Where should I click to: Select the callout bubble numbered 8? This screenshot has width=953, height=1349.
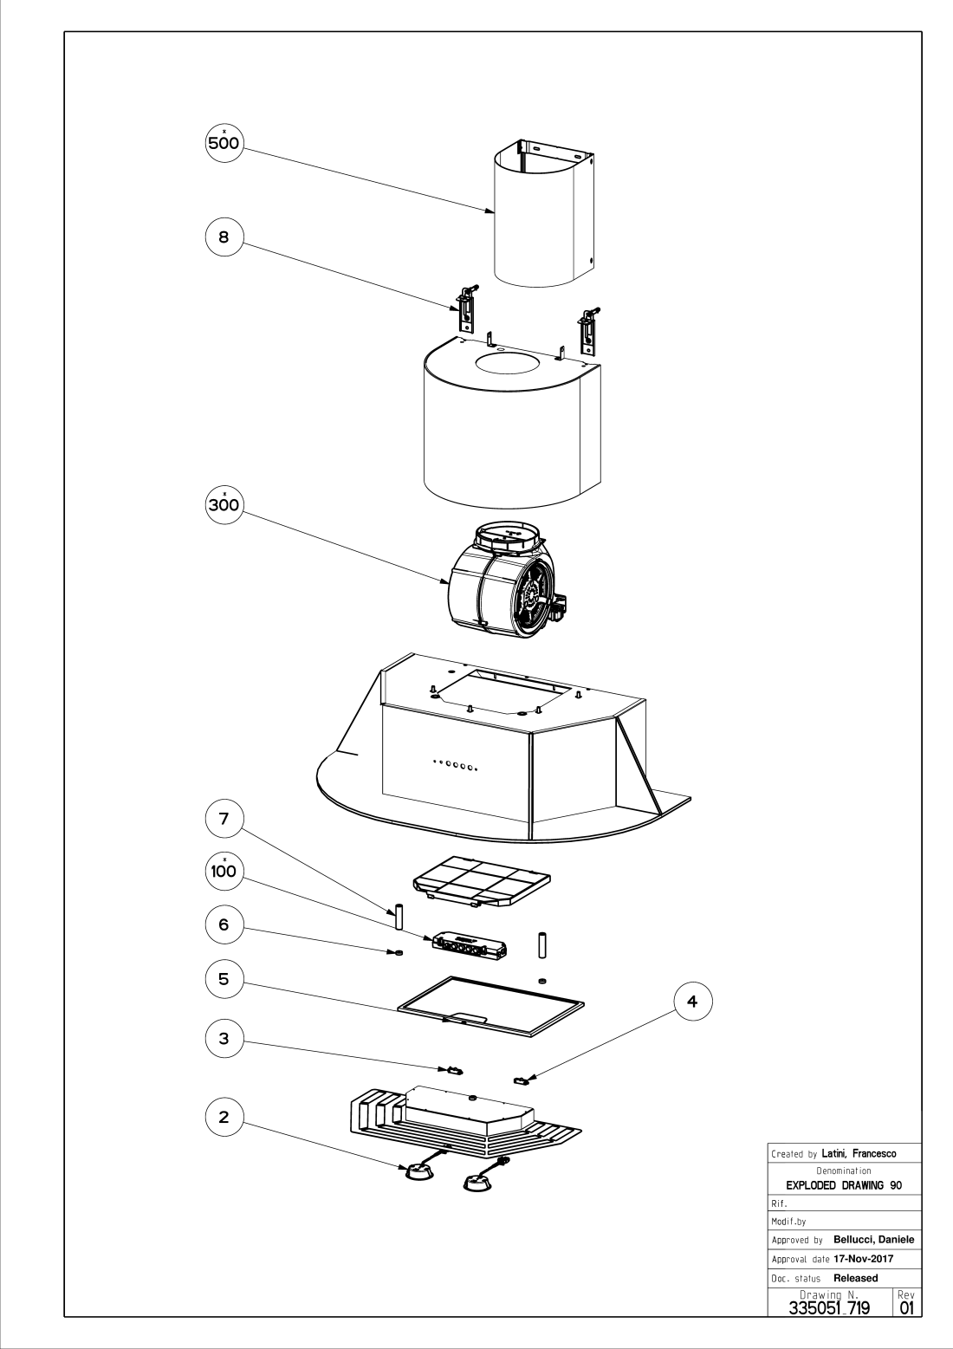pos(224,237)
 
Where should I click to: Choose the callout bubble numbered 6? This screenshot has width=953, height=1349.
pos(224,924)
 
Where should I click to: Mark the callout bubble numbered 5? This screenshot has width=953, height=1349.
pos(224,978)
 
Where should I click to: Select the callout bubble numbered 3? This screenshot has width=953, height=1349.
pos(224,1040)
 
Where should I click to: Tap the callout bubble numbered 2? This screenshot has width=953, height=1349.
pos(224,1117)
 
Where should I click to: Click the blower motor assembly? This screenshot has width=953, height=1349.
pos(502,576)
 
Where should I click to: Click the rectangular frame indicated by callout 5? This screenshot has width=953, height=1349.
pos(490,1005)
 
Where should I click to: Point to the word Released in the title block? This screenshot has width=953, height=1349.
pos(855,1278)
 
